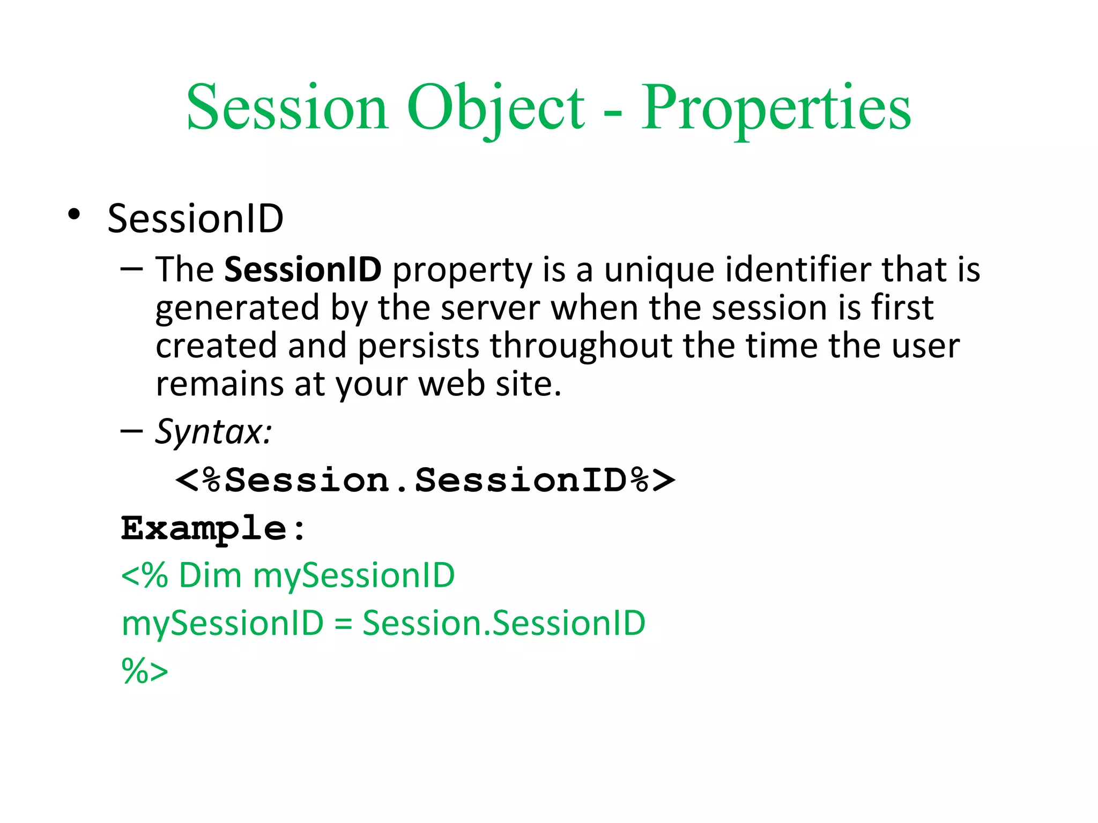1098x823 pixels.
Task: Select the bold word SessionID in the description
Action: tap(302, 270)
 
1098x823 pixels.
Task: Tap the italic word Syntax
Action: tap(213, 432)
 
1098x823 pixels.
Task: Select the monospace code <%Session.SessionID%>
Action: tap(425, 480)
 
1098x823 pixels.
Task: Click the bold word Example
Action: tap(204, 528)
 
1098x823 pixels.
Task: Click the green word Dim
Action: tap(210, 575)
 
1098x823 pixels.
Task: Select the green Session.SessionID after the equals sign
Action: tap(503, 624)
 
